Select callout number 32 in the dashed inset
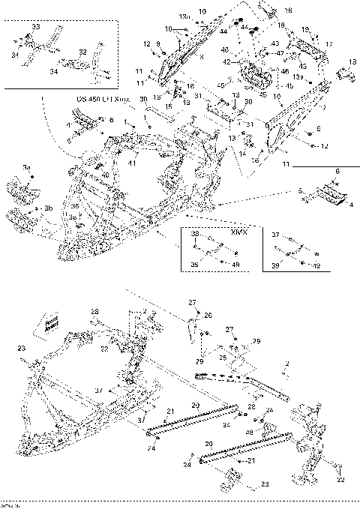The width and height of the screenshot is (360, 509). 82,52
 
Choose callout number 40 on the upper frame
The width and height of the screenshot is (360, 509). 105,175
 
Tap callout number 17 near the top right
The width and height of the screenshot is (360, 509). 328,45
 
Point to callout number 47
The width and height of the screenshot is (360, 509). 279,53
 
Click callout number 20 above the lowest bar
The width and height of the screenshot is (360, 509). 209,445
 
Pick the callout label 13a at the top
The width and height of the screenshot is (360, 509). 184,15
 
